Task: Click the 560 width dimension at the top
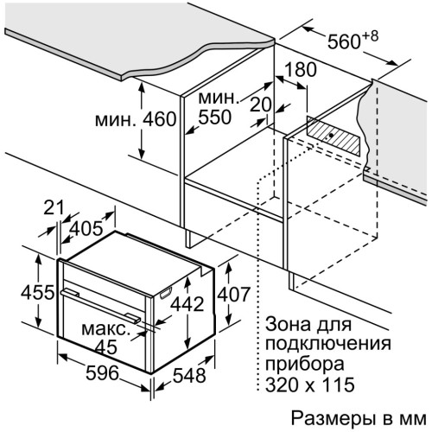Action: point(344,41)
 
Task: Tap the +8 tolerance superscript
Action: point(370,36)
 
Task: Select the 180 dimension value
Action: point(300,70)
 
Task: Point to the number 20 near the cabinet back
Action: point(261,105)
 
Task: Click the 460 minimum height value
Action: point(159,119)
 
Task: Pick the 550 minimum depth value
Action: point(215,117)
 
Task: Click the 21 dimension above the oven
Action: point(54,207)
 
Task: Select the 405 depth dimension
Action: point(86,229)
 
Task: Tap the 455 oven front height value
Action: point(37,292)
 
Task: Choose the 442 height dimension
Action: point(187,304)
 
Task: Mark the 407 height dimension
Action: point(233,294)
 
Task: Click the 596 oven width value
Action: point(102,373)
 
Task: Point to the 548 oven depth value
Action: point(189,375)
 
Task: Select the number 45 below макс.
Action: point(106,347)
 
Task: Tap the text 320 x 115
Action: point(309,384)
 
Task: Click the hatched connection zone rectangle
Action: point(334,136)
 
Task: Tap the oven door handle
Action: point(100,306)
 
